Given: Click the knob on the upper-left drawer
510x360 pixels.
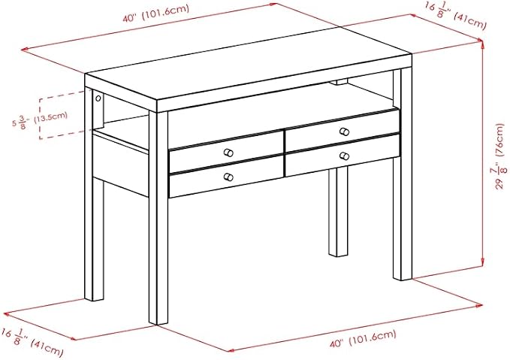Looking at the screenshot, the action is pyautogui.click(x=228, y=153).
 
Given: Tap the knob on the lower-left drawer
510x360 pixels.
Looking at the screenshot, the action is pyautogui.click(x=228, y=177).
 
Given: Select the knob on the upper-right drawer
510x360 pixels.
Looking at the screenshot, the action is pyautogui.click(x=344, y=132).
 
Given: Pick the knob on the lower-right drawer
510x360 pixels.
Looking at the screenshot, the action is pyautogui.click(x=344, y=156).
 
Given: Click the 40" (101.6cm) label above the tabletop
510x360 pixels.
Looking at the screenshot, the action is pyautogui.click(x=155, y=14).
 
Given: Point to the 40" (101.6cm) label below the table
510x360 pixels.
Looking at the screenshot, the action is pyautogui.click(x=364, y=339).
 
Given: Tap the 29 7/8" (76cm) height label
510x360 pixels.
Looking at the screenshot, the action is pyautogui.click(x=499, y=156).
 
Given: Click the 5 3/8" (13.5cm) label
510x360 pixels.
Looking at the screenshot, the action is pyautogui.click(x=40, y=119).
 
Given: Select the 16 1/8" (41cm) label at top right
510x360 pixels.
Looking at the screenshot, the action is pyautogui.click(x=455, y=15).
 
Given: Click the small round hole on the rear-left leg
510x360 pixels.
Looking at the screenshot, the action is pyautogui.click(x=98, y=98).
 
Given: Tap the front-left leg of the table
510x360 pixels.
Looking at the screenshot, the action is pyautogui.click(x=158, y=218).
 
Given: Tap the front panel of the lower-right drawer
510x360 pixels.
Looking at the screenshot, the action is pyautogui.click(x=343, y=156).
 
